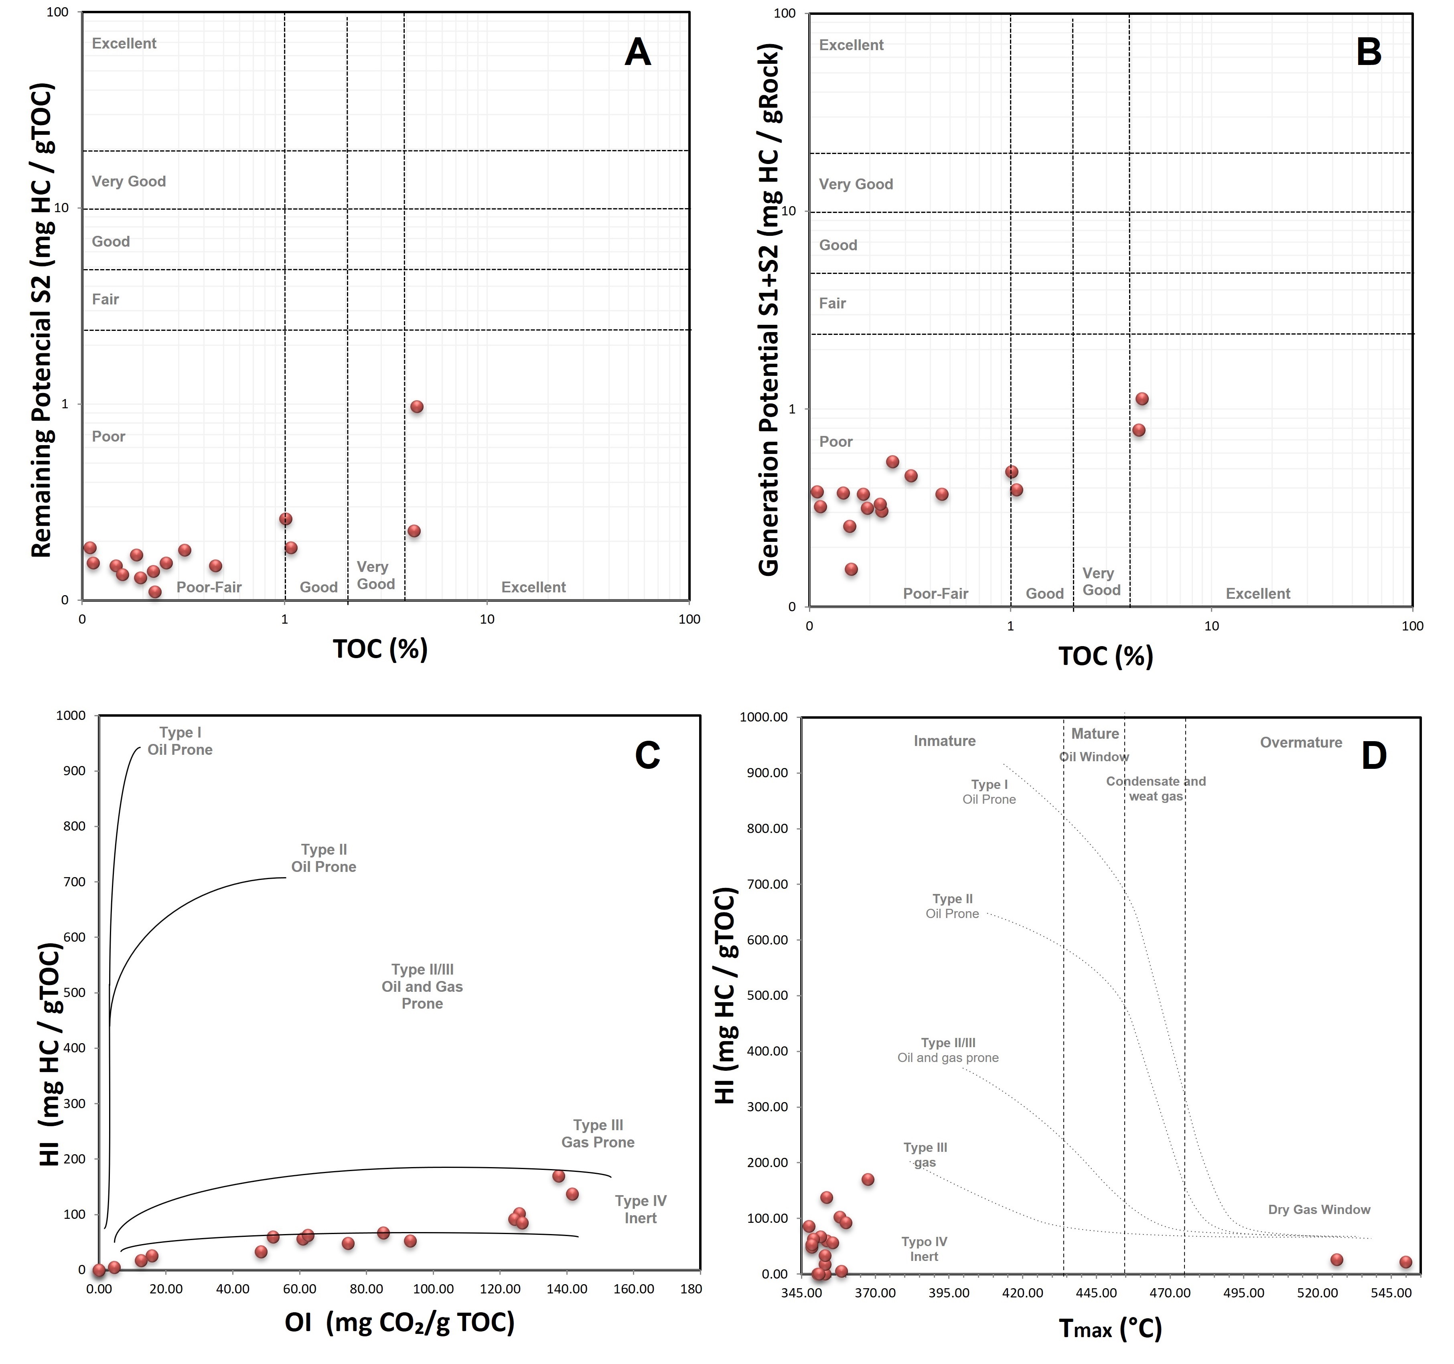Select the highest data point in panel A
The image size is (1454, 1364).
click(417, 407)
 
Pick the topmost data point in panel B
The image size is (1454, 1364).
click(1142, 399)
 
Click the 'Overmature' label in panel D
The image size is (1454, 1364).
click(1300, 742)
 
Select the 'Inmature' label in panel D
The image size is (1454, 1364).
click(944, 741)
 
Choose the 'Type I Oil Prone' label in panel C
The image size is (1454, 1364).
click(180, 741)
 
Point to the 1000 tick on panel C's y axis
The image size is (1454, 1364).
click(71, 715)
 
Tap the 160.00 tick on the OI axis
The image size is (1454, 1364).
click(633, 1289)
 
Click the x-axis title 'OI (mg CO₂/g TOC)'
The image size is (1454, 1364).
click(399, 1321)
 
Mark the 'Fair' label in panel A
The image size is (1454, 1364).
click(105, 299)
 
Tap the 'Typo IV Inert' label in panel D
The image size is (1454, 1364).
click(925, 1248)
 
